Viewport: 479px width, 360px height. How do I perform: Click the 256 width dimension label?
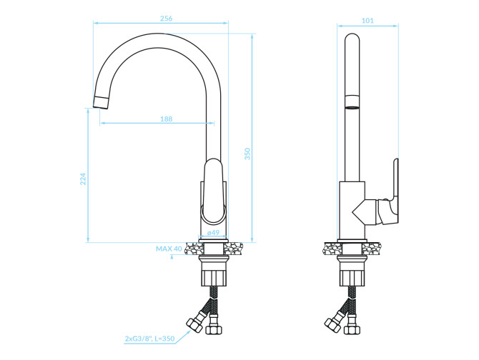pyautogui.click(x=166, y=19)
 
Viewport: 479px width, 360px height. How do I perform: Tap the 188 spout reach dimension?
pyautogui.click(x=166, y=119)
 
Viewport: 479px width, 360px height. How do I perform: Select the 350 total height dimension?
pyautogui.click(x=247, y=154)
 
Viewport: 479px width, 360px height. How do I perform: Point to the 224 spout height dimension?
pyautogui.click(x=83, y=179)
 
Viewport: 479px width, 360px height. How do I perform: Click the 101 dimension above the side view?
pyautogui.click(x=367, y=21)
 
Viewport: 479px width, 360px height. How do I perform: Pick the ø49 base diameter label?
pyautogui.click(x=213, y=232)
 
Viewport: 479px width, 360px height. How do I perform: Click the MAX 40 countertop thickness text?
pyautogui.click(x=169, y=249)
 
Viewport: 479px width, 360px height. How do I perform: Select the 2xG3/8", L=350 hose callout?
pyautogui.click(x=149, y=339)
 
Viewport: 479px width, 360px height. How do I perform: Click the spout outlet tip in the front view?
pyautogui.click(x=101, y=103)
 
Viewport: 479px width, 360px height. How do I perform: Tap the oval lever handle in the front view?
pyautogui.click(x=214, y=190)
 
